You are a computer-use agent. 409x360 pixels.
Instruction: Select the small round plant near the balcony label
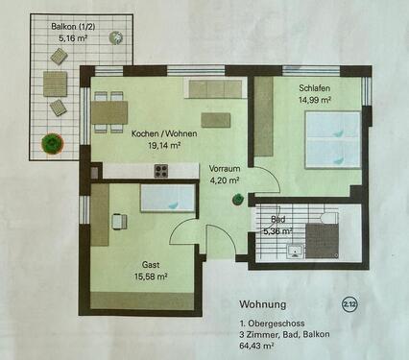coord(115,38)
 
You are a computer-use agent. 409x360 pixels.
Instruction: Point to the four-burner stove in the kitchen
coord(161,172)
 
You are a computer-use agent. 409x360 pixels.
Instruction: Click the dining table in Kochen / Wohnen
coord(110,112)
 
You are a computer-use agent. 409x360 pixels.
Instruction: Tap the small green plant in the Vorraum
coord(235,200)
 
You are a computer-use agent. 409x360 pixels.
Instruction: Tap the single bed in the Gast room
coord(167,198)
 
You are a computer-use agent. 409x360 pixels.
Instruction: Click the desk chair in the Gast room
coord(118,221)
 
